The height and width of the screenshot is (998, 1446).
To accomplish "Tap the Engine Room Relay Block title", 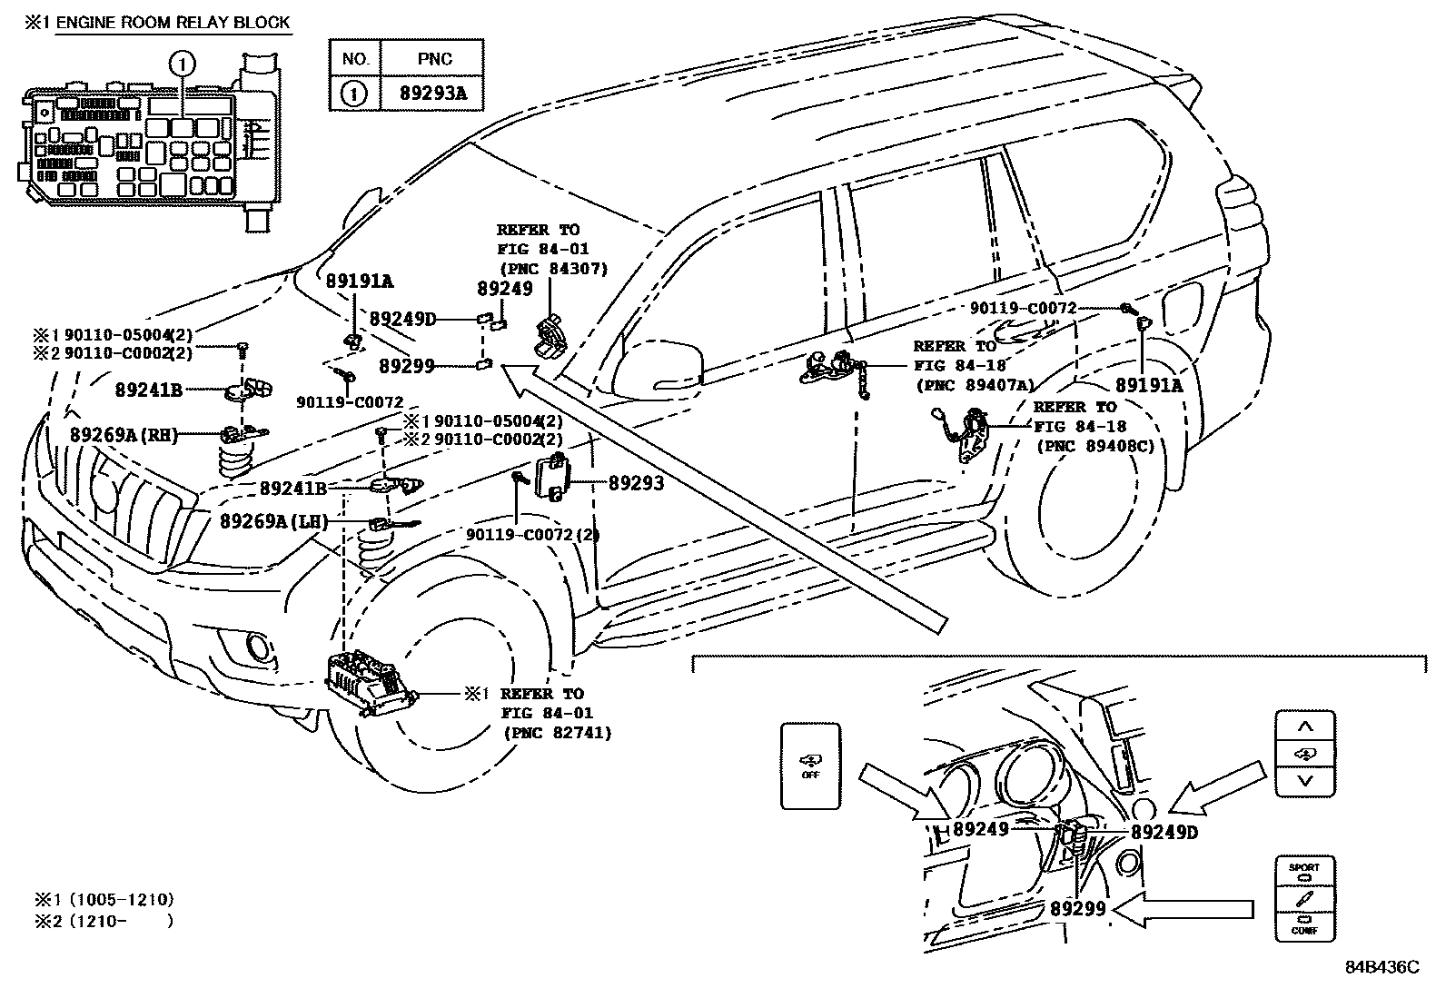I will [172, 22].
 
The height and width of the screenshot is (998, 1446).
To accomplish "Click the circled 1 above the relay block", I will [183, 64].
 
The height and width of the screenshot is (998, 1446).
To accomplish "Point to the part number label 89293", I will [636, 484].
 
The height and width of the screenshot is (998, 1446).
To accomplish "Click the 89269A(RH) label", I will [124, 435].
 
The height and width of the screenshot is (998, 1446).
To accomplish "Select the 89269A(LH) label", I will [273, 521].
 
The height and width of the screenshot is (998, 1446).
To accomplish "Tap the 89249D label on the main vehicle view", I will [402, 319].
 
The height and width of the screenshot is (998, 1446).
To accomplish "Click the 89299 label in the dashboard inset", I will [1078, 908].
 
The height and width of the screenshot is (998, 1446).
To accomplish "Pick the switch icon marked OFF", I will [810, 766].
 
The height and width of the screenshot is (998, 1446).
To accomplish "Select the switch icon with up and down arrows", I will [1305, 754].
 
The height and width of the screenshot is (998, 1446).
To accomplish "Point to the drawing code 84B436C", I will [1382, 968].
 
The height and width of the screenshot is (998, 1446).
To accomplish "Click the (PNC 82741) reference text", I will [556, 733].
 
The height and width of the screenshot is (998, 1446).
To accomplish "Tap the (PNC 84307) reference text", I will [553, 268].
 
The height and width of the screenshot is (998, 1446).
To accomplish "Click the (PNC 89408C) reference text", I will [1095, 446].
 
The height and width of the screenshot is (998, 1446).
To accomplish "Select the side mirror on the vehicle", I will [659, 363].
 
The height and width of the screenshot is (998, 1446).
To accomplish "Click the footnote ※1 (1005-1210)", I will [104, 900].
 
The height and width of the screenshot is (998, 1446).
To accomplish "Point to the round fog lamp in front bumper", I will [258, 647].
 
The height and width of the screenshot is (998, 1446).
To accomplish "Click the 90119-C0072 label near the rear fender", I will [1023, 309].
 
